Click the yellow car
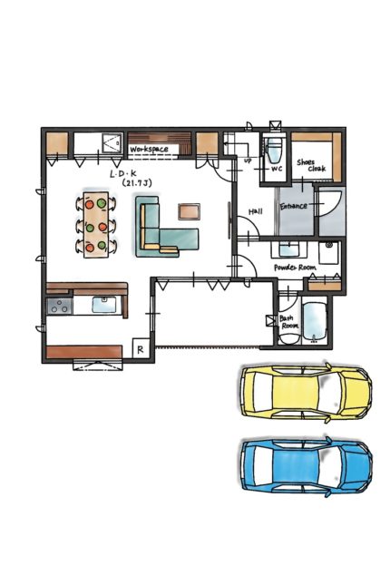point(306,392)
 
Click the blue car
point(306,467)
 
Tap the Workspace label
point(149,150)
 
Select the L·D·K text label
point(123,173)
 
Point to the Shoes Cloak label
point(311,165)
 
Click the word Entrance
point(294,206)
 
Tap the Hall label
point(256,211)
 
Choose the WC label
point(276,169)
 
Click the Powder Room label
point(295,268)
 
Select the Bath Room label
point(289,322)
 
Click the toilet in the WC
point(275,150)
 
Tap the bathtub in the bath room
point(315,322)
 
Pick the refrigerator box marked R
point(141,349)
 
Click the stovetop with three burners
point(60,306)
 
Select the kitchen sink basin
point(104,305)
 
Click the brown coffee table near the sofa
point(190,211)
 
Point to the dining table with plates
point(96,225)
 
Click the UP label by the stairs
point(247,161)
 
